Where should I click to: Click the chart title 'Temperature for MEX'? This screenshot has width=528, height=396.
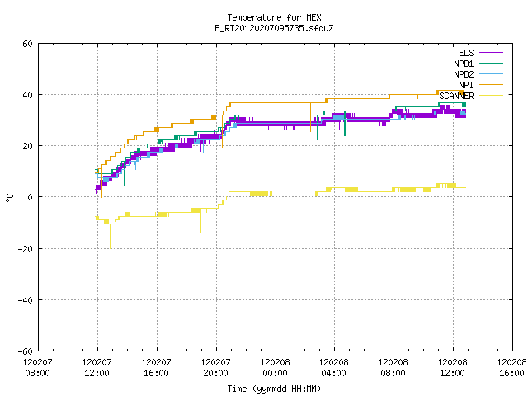(274, 17)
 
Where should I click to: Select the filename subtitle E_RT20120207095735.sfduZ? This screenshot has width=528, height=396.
(274, 28)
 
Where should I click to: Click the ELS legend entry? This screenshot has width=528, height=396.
(480, 53)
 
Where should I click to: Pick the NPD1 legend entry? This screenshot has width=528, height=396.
(478, 64)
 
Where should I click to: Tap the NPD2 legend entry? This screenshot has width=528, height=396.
(478, 74)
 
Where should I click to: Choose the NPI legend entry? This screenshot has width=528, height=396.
(480, 85)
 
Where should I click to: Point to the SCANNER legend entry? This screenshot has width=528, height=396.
(471, 96)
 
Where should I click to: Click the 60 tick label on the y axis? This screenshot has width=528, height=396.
(27, 44)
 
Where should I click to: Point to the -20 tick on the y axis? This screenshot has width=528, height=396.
(26, 249)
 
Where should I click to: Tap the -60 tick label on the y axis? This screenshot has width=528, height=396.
(26, 351)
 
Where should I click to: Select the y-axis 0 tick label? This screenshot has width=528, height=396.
(31, 197)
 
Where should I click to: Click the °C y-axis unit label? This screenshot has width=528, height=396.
(10, 198)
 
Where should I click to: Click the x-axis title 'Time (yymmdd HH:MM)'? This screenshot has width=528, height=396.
(274, 389)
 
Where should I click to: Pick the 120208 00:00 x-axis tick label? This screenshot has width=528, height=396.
(275, 368)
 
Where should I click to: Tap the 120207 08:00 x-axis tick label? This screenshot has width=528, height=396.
(38, 368)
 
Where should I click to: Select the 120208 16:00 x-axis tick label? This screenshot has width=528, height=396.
(511, 368)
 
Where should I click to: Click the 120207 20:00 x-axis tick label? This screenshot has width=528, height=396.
(215, 368)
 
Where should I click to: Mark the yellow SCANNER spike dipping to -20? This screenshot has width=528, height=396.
(110, 237)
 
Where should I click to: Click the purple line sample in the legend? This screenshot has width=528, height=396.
(492, 53)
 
